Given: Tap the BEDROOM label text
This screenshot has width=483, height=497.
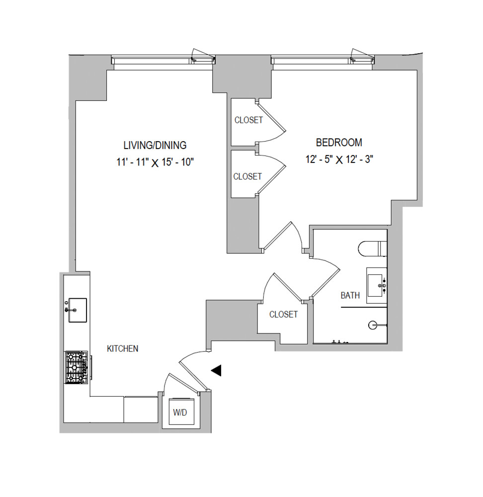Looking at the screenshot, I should click(x=339, y=143).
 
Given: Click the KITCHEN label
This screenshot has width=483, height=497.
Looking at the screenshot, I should click(x=123, y=349).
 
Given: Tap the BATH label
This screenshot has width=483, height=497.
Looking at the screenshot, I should click(x=350, y=295).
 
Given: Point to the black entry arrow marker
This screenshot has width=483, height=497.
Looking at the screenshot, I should click(x=216, y=370).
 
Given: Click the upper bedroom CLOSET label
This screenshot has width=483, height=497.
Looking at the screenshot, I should click(x=248, y=120).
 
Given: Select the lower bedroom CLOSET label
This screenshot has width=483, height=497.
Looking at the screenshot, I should click(x=247, y=176).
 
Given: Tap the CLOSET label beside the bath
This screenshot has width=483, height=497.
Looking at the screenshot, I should click(x=283, y=314).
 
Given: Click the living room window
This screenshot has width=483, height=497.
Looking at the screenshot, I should click(x=163, y=60).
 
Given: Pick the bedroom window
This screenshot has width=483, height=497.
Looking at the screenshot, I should click(x=322, y=60).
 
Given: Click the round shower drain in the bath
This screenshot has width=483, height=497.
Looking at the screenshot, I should click(x=373, y=326).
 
